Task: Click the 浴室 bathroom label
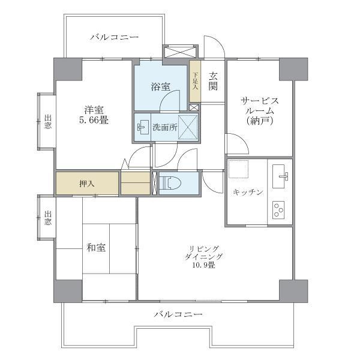pyautogui.click(x=161, y=87)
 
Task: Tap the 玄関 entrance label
pyautogui.click(x=213, y=81)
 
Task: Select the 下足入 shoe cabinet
pyautogui.click(x=195, y=81)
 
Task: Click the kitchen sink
pyautogui.click(x=280, y=176)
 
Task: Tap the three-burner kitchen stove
pyautogui.click(x=278, y=210)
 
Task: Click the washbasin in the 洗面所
pyautogui.click(x=143, y=127)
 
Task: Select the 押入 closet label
pyautogui.click(x=86, y=184)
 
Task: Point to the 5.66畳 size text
pyautogui.click(x=94, y=120)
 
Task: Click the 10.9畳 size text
pyautogui.click(x=204, y=265)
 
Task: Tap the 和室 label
pyautogui.click(x=96, y=248)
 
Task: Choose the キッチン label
pyautogui.click(x=248, y=192)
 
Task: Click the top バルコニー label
pyautogui.click(x=115, y=37)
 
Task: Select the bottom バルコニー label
pyautogui.click(x=178, y=314)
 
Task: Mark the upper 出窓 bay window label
pyautogui.click(x=48, y=122)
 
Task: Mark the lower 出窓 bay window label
pyautogui.click(x=48, y=218)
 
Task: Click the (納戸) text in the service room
pyautogui.click(x=260, y=121)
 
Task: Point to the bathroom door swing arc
pyautogui.click(x=166, y=95)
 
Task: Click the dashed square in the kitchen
pyautogui.click(x=239, y=169)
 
